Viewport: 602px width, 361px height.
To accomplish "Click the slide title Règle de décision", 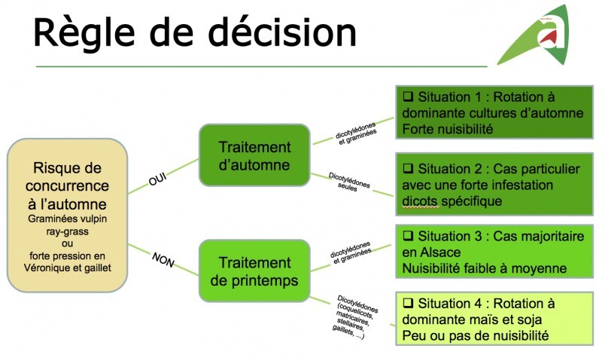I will coord(194,34).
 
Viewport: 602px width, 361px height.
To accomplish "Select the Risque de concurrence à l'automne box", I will coord(66,216).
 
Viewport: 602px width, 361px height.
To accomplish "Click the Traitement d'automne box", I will coord(254,154).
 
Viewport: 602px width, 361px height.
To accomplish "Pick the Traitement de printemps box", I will coord(254,271).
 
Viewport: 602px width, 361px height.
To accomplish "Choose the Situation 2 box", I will coord(494,185).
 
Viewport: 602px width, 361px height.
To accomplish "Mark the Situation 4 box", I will coord(494,319).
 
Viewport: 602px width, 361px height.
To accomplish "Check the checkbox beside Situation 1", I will coord(409,97).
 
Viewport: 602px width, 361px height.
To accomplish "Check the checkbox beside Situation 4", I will coord(409,303).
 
